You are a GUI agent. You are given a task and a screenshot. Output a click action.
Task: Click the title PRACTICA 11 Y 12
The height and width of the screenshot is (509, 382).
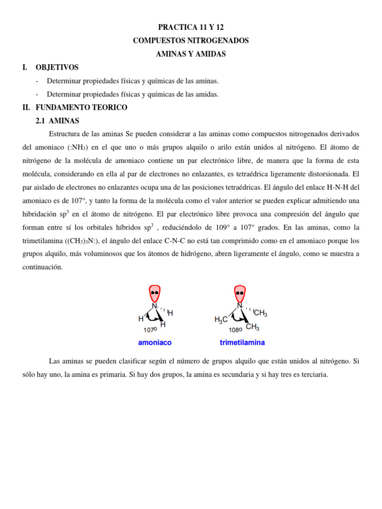coord(191,27)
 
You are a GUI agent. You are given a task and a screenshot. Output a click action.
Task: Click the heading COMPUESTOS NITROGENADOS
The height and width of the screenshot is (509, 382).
coord(191,41)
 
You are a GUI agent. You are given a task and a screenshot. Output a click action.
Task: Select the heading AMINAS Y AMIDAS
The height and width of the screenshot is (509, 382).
coord(191,54)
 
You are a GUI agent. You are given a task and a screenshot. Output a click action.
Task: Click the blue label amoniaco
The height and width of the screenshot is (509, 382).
coord(154,342)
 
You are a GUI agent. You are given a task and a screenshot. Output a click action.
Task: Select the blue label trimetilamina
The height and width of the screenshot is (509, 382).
coord(242,342)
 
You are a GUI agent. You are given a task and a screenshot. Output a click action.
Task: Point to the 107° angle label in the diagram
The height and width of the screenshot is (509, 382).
coord(150,330)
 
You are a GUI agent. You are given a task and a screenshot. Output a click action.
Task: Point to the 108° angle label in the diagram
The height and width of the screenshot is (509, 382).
coord(235,330)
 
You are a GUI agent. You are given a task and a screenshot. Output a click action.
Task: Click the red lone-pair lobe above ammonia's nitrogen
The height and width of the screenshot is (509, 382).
coord(155,293)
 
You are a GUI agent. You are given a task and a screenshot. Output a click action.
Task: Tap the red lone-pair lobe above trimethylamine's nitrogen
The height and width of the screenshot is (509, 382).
coord(240,293)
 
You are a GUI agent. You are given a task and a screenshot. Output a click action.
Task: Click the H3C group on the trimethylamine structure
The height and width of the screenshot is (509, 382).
coord(221,320)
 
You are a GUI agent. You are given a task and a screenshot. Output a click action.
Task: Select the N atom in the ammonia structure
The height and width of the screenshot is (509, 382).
coord(154,306)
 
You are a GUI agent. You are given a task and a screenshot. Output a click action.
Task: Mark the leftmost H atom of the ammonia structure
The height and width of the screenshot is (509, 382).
coord(141,319)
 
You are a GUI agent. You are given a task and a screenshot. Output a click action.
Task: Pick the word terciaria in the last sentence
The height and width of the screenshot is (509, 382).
coord(313,374)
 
